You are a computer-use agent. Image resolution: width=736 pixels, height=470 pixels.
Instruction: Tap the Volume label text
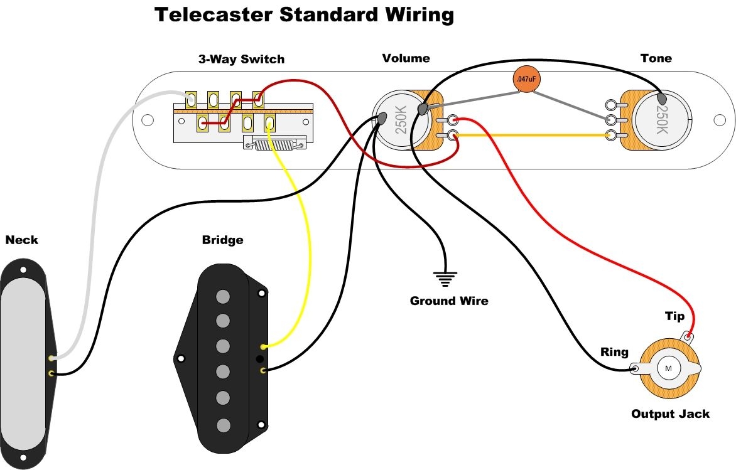[406, 58]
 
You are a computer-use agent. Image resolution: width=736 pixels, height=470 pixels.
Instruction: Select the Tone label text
[656, 58]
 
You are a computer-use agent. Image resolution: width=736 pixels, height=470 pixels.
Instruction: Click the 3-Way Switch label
[241, 60]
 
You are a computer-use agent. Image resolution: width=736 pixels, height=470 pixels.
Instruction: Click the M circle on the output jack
[668, 368]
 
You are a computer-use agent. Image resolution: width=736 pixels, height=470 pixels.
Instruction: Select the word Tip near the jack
[674, 316]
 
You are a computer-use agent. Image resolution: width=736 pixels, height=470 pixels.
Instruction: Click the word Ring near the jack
[614, 352]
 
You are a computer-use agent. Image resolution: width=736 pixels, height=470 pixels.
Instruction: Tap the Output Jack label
[670, 414]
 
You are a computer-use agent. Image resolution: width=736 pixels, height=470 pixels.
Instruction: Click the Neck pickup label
[21, 240]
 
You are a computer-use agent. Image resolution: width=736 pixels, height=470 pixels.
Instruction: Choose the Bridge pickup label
[222, 240]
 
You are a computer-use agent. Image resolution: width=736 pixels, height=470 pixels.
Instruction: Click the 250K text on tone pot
[661, 120]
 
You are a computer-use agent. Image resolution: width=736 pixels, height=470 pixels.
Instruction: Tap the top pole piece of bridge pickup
[222, 296]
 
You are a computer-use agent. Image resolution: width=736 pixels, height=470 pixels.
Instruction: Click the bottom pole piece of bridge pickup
[222, 425]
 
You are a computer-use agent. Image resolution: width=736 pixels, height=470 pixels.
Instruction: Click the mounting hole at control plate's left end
[148, 119]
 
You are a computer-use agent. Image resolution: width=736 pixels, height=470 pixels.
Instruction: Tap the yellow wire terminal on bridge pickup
[263, 346]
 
